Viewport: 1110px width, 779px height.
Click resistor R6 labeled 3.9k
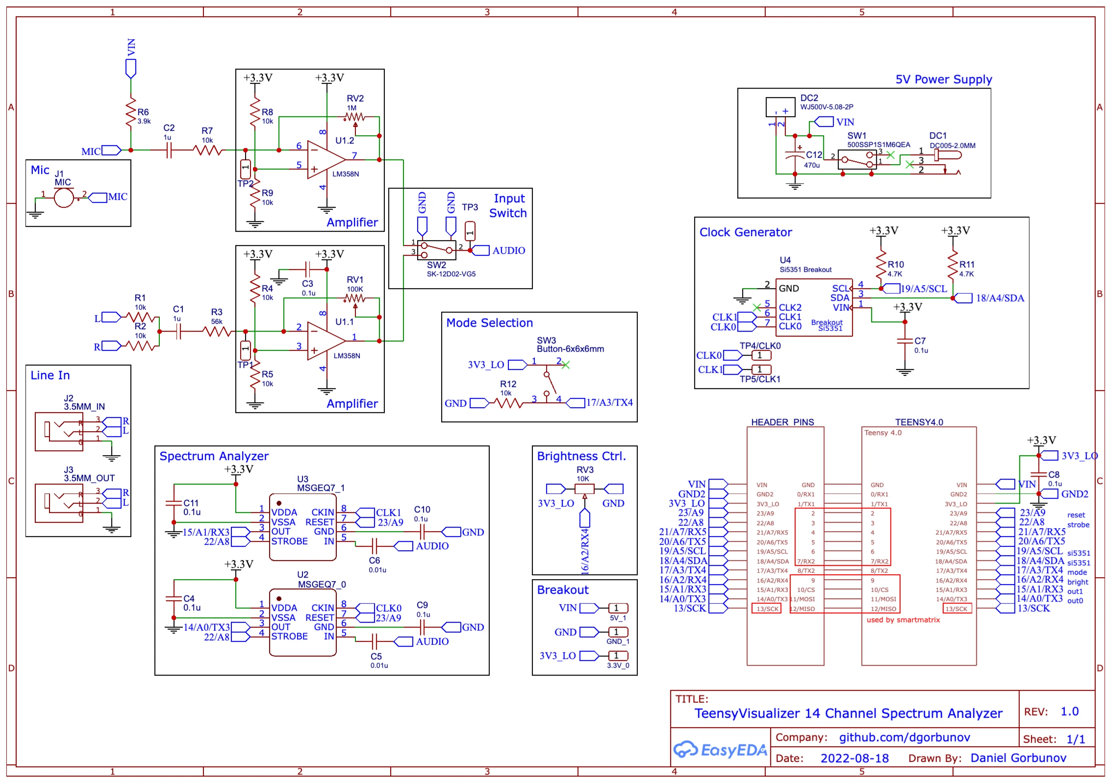[x=131, y=113]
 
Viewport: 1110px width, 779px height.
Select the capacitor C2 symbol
[x=169, y=150]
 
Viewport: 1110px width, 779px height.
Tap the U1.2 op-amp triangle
[x=324, y=160]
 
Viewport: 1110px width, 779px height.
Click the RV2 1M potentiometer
[x=354, y=117]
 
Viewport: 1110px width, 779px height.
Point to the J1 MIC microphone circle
[x=63, y=198]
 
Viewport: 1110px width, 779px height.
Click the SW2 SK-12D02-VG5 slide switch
[x=437, y=250]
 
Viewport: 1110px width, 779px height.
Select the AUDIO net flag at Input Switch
[x=508, y=250]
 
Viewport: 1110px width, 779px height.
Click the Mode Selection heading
[x=489, y=323]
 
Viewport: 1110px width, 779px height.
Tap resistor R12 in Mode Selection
[x=508, y=403]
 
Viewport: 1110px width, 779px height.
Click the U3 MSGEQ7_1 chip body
[x=303, y=527]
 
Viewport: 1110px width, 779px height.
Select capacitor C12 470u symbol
[x=795, y=155]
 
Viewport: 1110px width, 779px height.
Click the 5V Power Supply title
[x=943, y=79]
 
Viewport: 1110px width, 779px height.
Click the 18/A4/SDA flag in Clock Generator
[x=999, y=298]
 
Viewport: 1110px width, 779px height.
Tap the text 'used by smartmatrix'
[x=903, y=620]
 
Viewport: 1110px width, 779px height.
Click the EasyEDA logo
[x=720, y=750]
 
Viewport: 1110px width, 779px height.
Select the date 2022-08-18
[x=855, y=758]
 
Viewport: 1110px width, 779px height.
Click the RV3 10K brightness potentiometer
[x=584, y=489]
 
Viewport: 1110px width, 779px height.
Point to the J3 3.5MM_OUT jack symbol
[x=59, y=503]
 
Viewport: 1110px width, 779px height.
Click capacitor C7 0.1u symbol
[x=905, y=341]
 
